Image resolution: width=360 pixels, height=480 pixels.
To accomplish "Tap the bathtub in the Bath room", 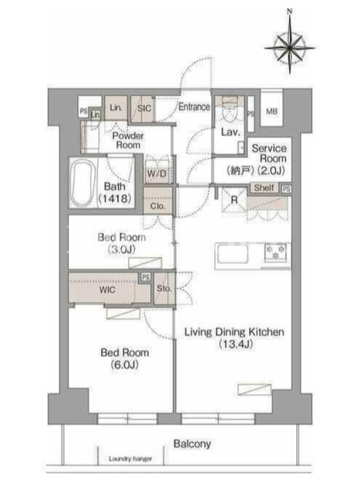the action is (82, 184).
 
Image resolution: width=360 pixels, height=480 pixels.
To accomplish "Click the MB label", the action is (272, 112).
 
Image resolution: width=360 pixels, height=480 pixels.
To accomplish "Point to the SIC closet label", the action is (144, 109).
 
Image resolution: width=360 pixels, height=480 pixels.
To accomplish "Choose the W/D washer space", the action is (157, 174).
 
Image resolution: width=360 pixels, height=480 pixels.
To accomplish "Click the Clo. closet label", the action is (158, 206).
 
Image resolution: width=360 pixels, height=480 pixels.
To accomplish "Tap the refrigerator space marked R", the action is (234, 200).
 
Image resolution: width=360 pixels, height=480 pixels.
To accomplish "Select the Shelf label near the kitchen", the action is (264, 188).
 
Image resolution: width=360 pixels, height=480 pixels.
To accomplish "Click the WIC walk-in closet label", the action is (107, 290).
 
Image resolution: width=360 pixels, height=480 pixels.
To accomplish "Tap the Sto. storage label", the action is (164, 289).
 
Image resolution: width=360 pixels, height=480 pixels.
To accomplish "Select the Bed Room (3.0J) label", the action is (122, 244).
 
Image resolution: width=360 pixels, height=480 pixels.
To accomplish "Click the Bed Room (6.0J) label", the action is (125, 358).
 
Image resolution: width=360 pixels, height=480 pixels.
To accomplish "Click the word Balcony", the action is (192, 444).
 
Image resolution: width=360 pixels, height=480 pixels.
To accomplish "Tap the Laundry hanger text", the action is (130, 458).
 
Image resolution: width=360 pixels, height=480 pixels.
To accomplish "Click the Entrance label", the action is (194, 107).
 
